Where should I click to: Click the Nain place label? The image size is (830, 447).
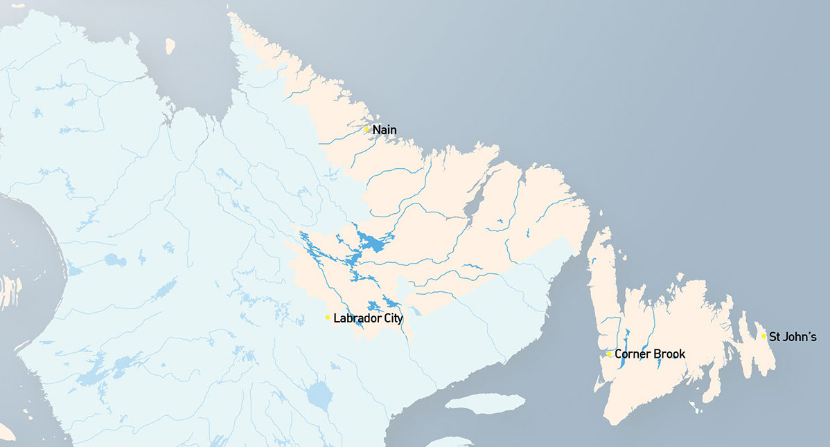385,129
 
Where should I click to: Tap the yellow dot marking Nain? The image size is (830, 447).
367,129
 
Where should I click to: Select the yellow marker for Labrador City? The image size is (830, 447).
328,317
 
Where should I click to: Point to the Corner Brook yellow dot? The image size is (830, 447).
609,354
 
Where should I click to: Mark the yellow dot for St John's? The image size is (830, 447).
763,336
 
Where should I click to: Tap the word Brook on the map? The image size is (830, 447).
669,354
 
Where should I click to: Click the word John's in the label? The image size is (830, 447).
800,338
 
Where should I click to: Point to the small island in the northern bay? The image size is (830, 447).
170,46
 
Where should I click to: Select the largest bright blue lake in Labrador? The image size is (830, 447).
375,244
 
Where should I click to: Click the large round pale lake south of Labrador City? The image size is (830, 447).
319,395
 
